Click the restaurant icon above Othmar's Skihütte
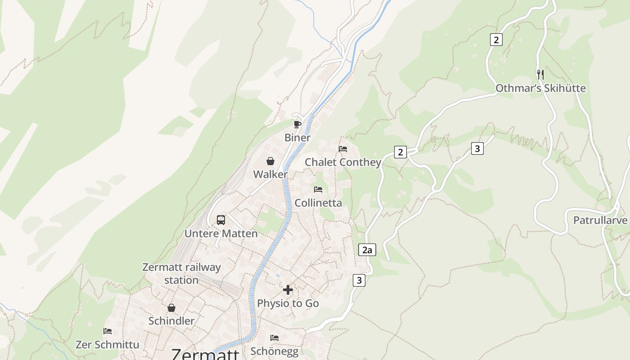tap(540, 74)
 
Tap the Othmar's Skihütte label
tap(540, 88)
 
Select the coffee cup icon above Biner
tap(297, 124)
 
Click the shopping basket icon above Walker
tap(270, 161)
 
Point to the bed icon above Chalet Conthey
tap(343, 148)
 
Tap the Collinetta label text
tap(318, 203)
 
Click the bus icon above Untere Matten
tap(221, 220)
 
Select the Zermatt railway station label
tap(181, 274)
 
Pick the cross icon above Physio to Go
tap(288, 290)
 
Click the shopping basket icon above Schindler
tap(171, 308)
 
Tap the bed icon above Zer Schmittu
tap(108, 331)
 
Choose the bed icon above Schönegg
tap(274, 337)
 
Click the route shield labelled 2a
tap(367, 250)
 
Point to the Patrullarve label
tap(600, 220)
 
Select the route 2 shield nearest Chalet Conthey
tap(400, 152)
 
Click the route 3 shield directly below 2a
tap(359, 280)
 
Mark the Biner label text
tap(297, 138)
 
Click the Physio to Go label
tap(288, 303)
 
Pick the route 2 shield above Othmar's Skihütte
tap(496, 40)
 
